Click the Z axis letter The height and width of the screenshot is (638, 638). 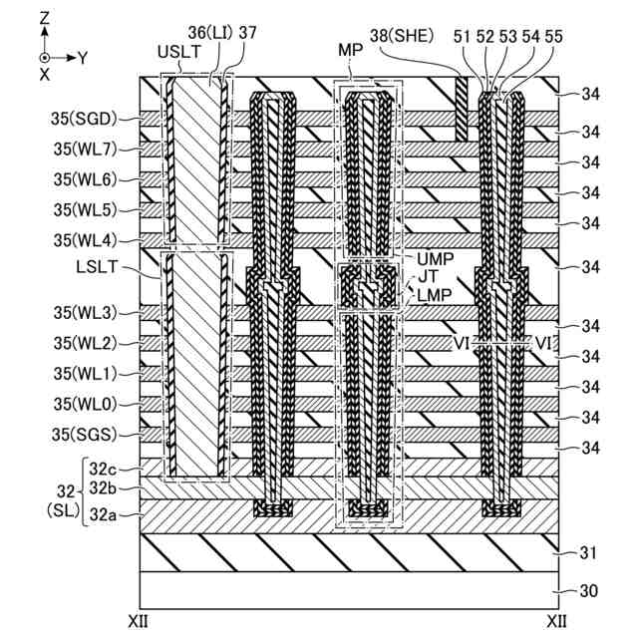click(x=43, y=17)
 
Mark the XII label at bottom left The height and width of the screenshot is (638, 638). click(x=141, y=621)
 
